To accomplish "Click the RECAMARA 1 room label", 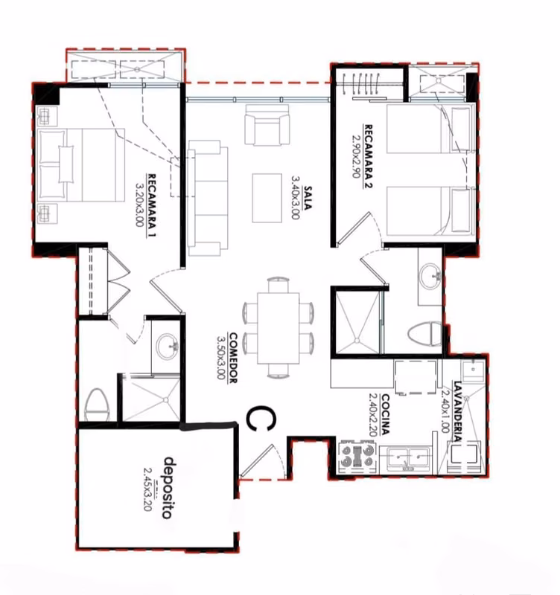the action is (152, 205).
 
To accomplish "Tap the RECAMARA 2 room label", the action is (368, 156).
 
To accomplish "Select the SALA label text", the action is (308, 198).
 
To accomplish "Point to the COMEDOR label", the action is (233, 358).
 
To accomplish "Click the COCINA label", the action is (385, 414).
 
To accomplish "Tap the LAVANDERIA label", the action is (457, 411).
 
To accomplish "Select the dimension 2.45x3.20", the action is (147, 489).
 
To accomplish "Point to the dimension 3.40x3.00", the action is (296, 197).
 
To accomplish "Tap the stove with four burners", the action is (357, 457).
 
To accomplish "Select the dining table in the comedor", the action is (279, 328).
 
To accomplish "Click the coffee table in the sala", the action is (267, 198).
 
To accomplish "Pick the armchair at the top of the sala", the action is (267, 125).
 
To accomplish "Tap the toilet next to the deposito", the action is (98, 405).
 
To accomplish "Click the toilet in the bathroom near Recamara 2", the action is (425, 334).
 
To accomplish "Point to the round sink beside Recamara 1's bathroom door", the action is (167, 346).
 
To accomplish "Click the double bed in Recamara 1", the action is (81, 164).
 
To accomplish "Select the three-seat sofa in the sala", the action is (208, 198).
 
